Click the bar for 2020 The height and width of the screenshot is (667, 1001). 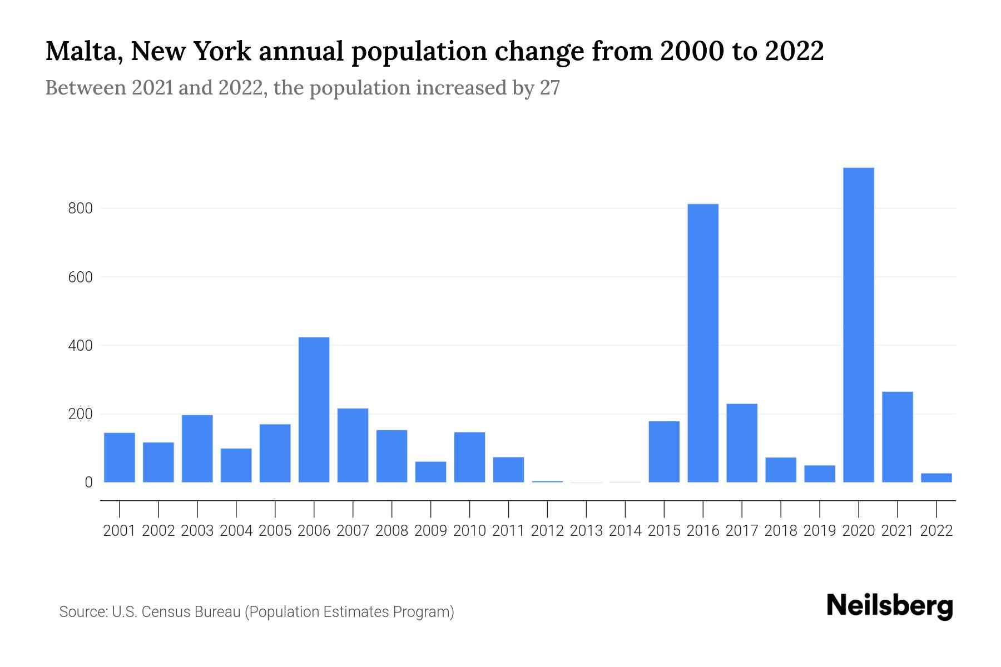(x=858, y=325)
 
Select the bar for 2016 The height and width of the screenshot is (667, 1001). (x=703, y=343)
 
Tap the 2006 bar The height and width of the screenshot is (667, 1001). (x=314, y=410)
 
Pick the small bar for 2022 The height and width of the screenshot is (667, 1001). (x=936, y=477)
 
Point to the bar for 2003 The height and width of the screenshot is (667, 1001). (x=197, y=449)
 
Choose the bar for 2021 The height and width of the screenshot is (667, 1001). (x=897, y=437)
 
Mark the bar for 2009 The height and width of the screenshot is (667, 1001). (x=430, y=472)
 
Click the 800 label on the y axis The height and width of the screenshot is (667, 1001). (x=80, y=209)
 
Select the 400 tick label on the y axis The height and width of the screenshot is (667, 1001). (x=80, y=346)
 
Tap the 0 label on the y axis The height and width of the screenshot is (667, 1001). (x=88, y=482)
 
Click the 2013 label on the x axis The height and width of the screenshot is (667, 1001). (x=586, y=531)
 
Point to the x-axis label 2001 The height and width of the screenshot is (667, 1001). (x=119, y=531)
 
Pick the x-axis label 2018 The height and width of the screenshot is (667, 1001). (x=780, y=531)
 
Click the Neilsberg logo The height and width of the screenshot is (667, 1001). (x=889, y=606)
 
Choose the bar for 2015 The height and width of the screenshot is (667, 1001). (x=664, y=451)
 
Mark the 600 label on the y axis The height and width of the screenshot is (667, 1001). (x=80, y=277)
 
